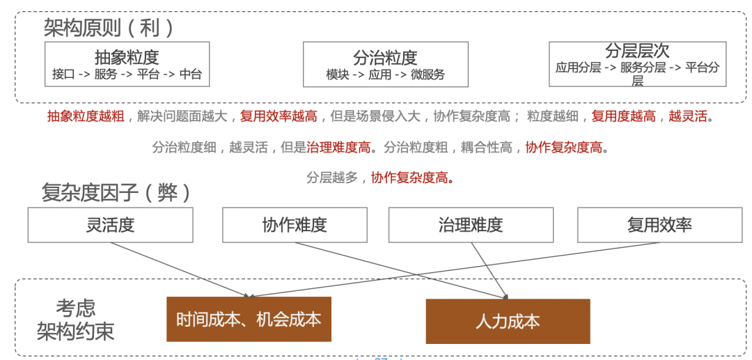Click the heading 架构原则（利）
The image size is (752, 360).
pos(108,27)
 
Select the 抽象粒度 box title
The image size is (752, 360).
pos(127,57)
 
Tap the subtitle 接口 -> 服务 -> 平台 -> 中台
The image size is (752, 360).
pos(127,75)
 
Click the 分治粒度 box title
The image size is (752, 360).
pos(385,57)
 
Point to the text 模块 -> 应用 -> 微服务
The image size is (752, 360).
pos(385,75)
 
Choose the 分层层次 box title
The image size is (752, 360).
pos(637,51)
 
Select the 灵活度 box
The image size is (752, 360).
pos(110,225)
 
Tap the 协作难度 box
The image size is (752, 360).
pos(295,225)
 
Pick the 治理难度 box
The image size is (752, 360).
pos(471,225)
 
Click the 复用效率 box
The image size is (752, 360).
pos(659,225)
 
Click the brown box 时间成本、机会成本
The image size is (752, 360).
pos(249,319)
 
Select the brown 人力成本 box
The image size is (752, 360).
pos(508,321)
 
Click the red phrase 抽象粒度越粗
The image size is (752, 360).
pos(86,116)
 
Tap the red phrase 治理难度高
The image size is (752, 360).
pos(338,147)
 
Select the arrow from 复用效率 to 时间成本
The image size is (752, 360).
pos(453,269)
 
